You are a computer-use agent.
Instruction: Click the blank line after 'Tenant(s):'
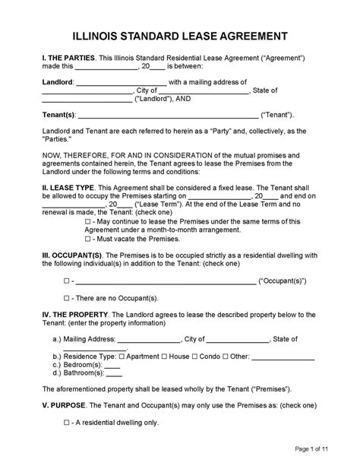(167, 116)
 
